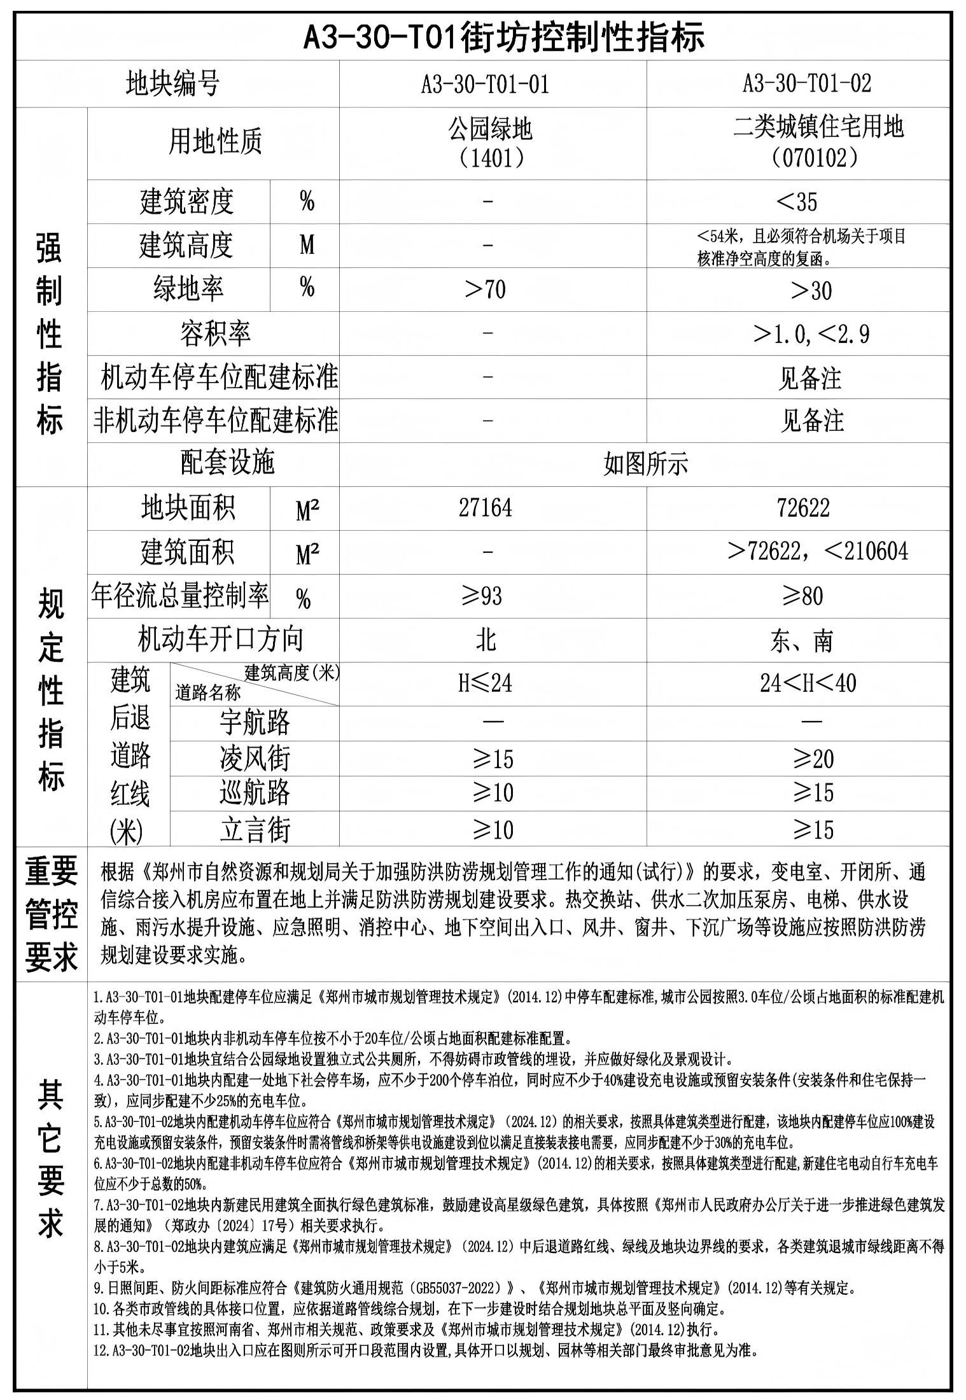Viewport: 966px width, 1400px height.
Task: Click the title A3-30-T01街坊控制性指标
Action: click(503, 36)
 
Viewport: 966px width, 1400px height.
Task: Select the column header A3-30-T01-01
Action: click(485, 83)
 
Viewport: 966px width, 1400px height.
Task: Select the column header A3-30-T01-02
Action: click(806, 83)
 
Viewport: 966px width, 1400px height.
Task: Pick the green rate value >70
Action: click(486, 290)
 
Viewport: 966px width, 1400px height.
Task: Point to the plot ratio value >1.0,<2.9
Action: click(811, 333)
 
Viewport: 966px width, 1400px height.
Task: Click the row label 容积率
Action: click(214, 333)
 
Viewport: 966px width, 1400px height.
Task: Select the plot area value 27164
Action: click(486, 508)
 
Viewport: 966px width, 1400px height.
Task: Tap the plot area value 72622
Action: click(803, 508)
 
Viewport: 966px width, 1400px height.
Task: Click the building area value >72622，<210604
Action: click(818, 551)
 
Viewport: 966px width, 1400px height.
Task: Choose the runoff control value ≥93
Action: click(482, 596)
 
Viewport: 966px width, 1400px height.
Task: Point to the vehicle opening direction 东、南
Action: click(801, 640)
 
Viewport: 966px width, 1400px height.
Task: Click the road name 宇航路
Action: click(255, 722)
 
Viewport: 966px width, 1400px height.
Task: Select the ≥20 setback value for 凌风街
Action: click(813, 759)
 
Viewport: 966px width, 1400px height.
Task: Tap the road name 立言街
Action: click(255, 830)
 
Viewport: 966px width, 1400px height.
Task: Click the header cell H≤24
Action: click(486, 683)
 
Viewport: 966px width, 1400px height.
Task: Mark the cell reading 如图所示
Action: click(645, 464)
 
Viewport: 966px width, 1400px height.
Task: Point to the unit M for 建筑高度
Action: click(307, 245)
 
